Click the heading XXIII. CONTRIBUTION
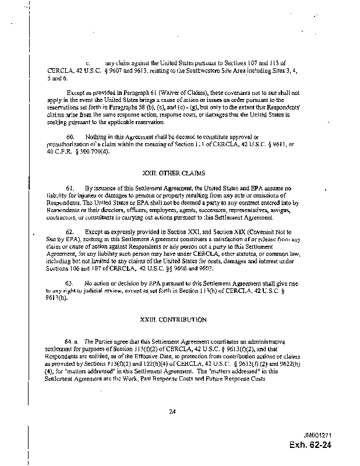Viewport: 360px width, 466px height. [174, 320]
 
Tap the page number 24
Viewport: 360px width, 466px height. [172, 412]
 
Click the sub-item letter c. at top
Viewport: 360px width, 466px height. [87, 62]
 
